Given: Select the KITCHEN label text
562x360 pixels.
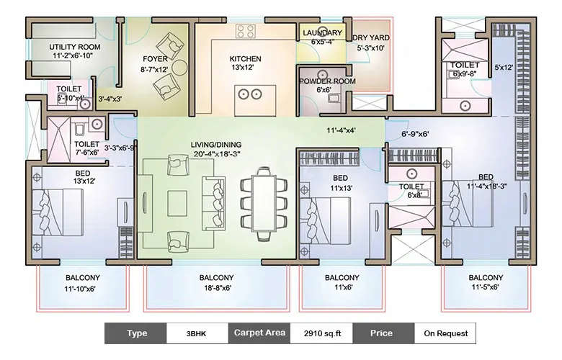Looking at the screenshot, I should click(x=245, y=59).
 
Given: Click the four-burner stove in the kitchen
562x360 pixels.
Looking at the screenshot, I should click(x=245, y=32).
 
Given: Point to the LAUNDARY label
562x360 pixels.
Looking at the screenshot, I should click(x=322, y=33).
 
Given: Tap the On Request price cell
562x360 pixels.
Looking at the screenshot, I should click(x=445, y=333).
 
